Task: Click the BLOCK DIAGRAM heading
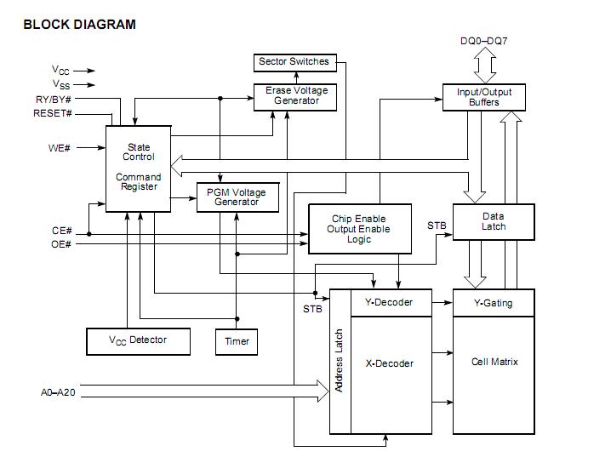[x=78, y=24]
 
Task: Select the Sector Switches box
[x=293, y=62]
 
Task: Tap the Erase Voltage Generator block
[x=295, y=96]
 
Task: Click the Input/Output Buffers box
[x=483, y=97]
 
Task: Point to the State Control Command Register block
[x=138, y=168]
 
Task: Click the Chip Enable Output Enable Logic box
[x=359, y=229]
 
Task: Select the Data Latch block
[x=493, y=221]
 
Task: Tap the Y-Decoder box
[x=388, y=302]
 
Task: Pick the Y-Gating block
[x=493, y=303]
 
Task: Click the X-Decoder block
[x=389, y=363]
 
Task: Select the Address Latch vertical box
[x=340, y=361]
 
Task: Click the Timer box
[x=237, y=341]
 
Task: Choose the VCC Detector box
[x=138, y=340]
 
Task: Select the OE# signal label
[x=60, y=244]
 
